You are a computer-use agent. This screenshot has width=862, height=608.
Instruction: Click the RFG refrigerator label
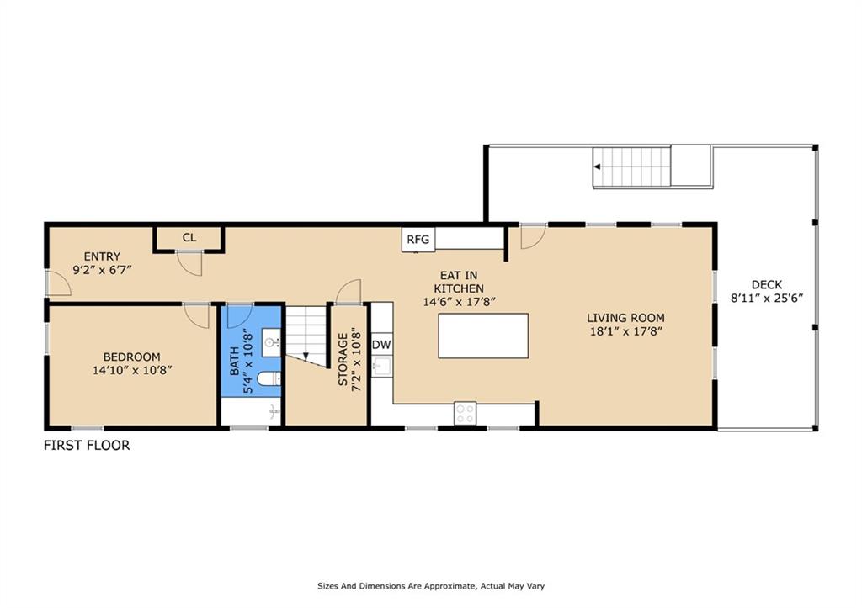pyautogui.click(x=418, y=240)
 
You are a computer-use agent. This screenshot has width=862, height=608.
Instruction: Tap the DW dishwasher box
pyautogui.click(x=381, y=345)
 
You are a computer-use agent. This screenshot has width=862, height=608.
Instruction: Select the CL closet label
pyautogui.click(x=189, y=237)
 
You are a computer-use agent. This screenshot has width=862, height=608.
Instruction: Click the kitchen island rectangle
pyautogui.click(x=483, y=336)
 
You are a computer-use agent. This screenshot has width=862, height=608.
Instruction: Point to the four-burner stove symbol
pyautogui.click(x=465, y=414)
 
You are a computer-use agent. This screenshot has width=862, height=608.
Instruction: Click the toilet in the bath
pyautogui.click(x=269, y=379)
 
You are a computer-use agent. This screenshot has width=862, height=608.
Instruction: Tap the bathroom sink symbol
pyautogui.click(x=271, y=343)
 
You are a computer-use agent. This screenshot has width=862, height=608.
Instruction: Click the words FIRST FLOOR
pyautogui.click(x=87, y=446)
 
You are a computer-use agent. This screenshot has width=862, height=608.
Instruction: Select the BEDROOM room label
pyautogui.click(x=132, y=357)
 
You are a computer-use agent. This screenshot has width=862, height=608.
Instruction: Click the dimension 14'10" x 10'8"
pyautogui.click(x=132, y=370)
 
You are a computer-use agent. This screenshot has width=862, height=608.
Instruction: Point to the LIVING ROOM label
pyautogui.click(x=625, y=318)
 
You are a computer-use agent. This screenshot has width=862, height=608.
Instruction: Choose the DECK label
pyautogui.click(x=767, y=284)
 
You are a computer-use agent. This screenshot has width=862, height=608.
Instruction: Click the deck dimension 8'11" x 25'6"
pyautogui.click(x=767, y=299)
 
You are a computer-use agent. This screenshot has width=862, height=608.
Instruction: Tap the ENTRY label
pyautogui.click(x=102, y=256)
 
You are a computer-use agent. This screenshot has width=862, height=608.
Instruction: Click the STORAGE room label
pyautogui.click(x=343, y=360)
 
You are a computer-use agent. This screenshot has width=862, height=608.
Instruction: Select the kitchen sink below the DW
pyautogui.click(x=381, y=367)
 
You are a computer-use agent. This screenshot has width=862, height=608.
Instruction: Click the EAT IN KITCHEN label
pyautogui.click(x=459, y=282)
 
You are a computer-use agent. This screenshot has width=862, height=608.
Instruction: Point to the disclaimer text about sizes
pyautogui.click(x=431, y=586)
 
